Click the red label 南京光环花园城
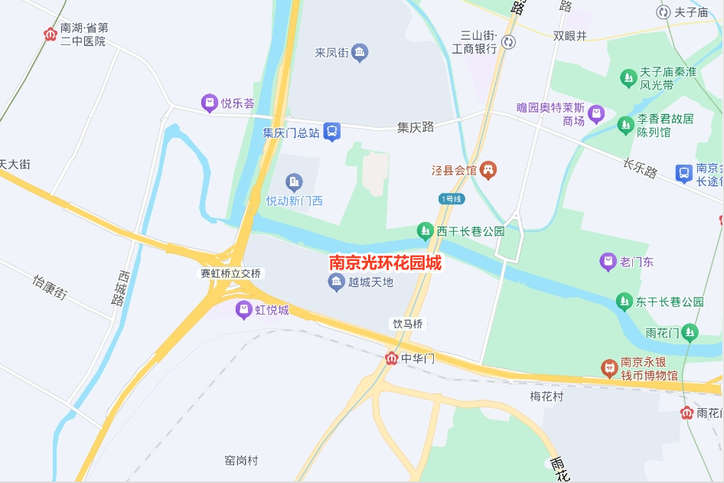[x=385, y=263]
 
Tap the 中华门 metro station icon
[x=392, y=358]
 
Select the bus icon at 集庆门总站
[x=332, y=132]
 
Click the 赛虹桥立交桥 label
[x=231, y=273]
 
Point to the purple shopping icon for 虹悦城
[x=243, y=310]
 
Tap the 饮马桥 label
[x=408, y=324]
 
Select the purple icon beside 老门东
[x=608, y=262]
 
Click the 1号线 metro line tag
[x=452, y=199]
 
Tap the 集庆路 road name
[x=416, y=127]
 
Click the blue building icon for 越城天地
[x=335, y=282]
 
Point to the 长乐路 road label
[x=640, y=168]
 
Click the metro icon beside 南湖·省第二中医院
[x=51, y=34]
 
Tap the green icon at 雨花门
[x=691, y=332]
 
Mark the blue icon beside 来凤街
[x=360, y=53]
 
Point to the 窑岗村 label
[x=241, y=461]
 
